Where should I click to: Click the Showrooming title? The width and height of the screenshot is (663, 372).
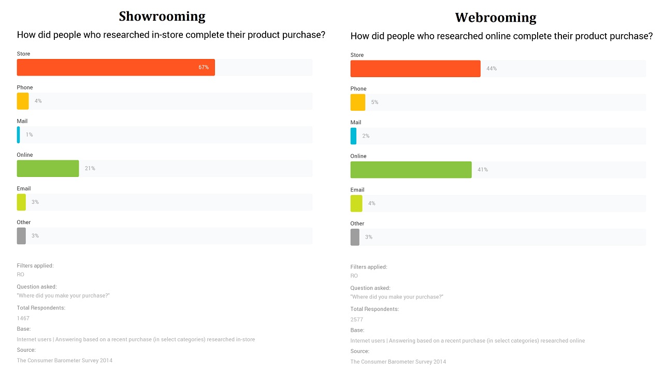point(162,16)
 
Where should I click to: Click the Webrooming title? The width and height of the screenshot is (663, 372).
point(496,18)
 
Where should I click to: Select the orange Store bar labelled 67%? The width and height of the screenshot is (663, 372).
point(116,67)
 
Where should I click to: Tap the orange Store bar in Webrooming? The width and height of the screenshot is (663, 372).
point(415,68)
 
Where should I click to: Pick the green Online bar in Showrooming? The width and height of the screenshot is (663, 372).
point(48,168)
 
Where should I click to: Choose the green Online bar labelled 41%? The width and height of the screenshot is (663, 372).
point(411,170)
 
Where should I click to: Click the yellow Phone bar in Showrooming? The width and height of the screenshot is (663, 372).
point(23,101)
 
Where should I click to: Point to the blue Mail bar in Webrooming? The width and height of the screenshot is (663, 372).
point(353,136)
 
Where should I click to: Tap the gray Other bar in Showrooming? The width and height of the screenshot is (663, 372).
point(21,236)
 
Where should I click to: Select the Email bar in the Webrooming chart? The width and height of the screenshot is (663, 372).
point(356,203)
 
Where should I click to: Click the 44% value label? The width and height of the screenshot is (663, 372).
point(492,68)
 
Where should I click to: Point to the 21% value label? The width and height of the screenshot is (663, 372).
point(90,168)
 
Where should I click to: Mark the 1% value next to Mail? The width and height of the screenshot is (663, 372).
point(30,135)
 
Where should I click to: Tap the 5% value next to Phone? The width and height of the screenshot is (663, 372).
point(374,102)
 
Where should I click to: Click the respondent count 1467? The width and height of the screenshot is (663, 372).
point(23,318)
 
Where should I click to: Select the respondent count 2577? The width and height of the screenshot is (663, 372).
point(357,320)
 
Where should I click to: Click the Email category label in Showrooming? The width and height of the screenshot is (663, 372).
point(24,189)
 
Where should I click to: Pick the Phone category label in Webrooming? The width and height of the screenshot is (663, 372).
point(358,88)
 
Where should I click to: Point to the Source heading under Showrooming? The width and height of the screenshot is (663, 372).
point(26,350)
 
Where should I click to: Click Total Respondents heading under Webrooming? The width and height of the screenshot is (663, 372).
point(374,309)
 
